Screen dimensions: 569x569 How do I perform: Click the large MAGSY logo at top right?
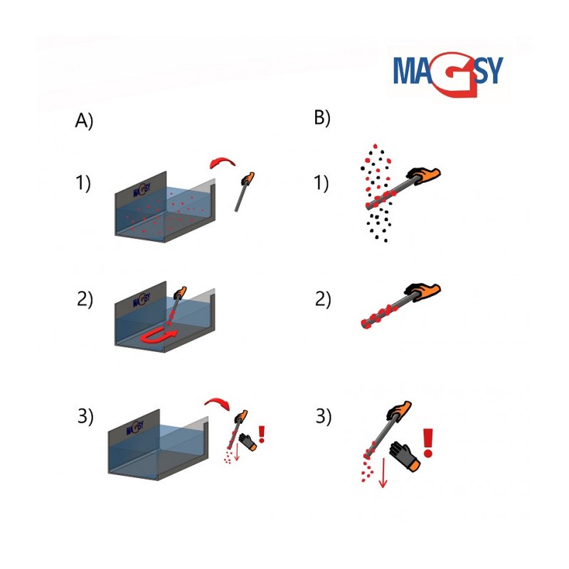pos(449,74)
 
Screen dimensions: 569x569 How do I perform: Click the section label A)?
pos(84,120)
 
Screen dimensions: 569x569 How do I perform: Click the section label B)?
pos(322,117)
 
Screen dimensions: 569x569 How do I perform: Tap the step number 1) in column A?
pos(83,183)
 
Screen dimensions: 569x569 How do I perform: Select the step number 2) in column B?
pos(323,299)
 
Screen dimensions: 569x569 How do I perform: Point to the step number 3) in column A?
pos(85,416)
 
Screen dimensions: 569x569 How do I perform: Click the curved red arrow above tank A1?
pos(222,162)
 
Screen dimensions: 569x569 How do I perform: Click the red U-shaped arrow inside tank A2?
pos(159,335)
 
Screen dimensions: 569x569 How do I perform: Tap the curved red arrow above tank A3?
pos(218,403)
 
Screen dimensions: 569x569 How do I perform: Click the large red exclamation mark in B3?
pos(428,442)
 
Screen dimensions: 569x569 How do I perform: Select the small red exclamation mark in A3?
pos(261,434)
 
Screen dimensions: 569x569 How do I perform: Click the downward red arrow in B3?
pos(383,472)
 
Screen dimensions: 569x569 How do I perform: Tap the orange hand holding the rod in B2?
pos(422,292)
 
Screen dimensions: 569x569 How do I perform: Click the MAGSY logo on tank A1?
pos(142,189)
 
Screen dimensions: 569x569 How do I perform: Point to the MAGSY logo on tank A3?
pos(135,427)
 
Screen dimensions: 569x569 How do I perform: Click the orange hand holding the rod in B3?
pos(399,411)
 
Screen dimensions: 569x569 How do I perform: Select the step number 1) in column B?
pos(321,183)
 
